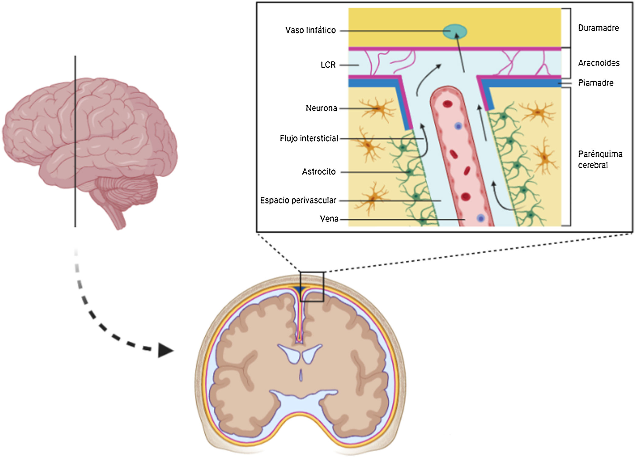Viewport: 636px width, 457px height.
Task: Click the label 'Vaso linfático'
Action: (x=310, y=30)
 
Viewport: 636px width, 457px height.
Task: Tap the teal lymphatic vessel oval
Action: (x=454, y=32)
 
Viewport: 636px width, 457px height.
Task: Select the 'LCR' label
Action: (x=328, y=65)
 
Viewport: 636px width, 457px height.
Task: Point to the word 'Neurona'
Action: (x=321, y=108)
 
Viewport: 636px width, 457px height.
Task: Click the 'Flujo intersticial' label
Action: (x=309, y=138)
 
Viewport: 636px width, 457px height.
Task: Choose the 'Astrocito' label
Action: (x=318, y=172)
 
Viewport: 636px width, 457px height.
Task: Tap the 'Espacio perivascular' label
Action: (x=298, y=200)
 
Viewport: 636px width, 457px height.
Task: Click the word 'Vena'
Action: (x=329, y=219)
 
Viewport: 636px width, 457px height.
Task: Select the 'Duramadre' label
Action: (x=598, y=28)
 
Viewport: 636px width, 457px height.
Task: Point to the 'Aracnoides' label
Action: (x=599, y=63)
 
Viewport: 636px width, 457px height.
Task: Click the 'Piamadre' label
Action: (x=596, y=83)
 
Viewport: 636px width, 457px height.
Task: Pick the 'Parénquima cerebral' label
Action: (x=600, y=159)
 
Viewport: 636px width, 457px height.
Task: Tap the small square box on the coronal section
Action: (x=312, y=287)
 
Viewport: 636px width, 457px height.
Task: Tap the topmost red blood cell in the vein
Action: (x=447, y=104)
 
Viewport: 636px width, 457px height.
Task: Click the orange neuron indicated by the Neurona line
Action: (x=378, y=109)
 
